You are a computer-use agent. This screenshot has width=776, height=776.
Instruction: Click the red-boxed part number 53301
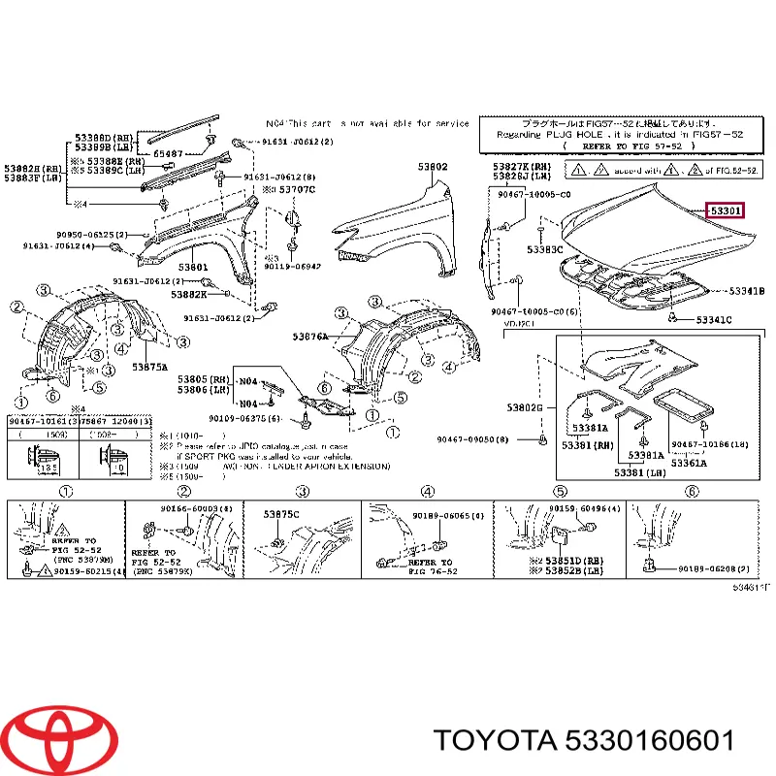[x=726, y=210]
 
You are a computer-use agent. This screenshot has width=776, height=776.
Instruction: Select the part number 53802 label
[x=433, y=167]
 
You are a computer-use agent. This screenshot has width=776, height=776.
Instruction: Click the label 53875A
[x=150, y=368]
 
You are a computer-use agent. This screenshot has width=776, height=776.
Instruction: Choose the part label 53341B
[x=747, y=291]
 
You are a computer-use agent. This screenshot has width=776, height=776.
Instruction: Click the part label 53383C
[x=545, y=249]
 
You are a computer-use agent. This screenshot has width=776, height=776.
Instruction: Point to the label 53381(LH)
[x=634, y=472]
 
